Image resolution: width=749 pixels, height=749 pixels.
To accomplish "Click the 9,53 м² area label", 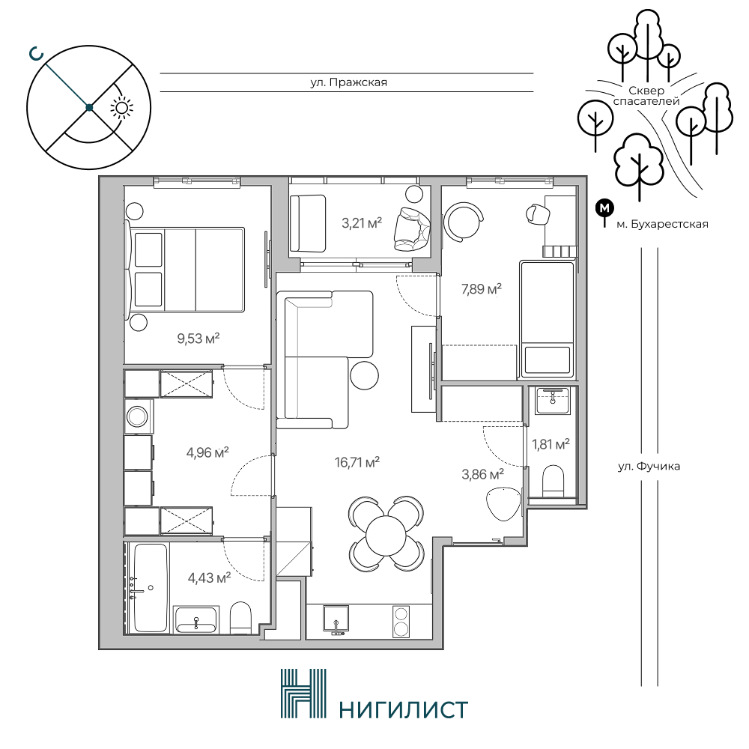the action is click(198, 339).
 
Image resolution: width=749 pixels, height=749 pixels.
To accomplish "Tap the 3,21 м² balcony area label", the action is click(362, 222).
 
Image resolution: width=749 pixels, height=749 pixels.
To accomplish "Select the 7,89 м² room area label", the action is click(481, 289).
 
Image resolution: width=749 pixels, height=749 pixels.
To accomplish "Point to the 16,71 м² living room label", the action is click(357, 462).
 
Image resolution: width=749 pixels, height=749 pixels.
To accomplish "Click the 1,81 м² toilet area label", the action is click(551, 444).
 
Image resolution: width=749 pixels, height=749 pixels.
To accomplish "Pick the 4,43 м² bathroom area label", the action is click(209, 578).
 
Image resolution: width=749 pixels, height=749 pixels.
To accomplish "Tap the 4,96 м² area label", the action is click(207, 452).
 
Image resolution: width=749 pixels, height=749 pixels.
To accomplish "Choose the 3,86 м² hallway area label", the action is click(483, 474).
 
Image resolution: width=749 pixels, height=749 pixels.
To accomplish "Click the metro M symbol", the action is click(604, 208).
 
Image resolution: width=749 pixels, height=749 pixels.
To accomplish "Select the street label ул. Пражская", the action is click(349, 82).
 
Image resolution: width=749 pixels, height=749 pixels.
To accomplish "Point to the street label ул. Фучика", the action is click(649, 466).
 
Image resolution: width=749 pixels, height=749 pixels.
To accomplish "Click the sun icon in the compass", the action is click(122, 109).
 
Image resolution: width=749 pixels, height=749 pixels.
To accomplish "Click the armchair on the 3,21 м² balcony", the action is click(412, 228).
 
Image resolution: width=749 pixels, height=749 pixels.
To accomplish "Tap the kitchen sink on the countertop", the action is click(336, 620).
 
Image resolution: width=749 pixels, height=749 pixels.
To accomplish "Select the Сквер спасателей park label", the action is click(646, 96).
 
